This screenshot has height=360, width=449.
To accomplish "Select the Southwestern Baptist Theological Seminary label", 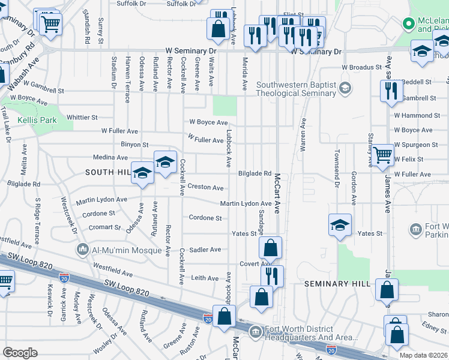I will point(296,89).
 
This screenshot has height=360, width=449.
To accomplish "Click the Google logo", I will point(20,353).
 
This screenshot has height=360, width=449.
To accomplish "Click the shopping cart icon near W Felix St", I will point(382,155).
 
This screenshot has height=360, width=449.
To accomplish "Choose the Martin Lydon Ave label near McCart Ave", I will point(246,204).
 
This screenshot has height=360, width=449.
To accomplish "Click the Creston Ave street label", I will point(205,187).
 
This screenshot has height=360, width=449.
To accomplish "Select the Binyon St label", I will point(134,145).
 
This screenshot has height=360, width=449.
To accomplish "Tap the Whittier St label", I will point(82,118).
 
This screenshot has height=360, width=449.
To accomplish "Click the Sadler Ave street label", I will point(206,249).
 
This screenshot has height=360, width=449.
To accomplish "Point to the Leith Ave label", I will point(205,278).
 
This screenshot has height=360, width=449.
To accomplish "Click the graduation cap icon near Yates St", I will point(340,225).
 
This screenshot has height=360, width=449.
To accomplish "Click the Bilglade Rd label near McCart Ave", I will point(255,173).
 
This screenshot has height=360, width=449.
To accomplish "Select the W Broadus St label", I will point(362,67).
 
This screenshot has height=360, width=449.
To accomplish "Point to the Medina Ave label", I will point(110,157).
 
